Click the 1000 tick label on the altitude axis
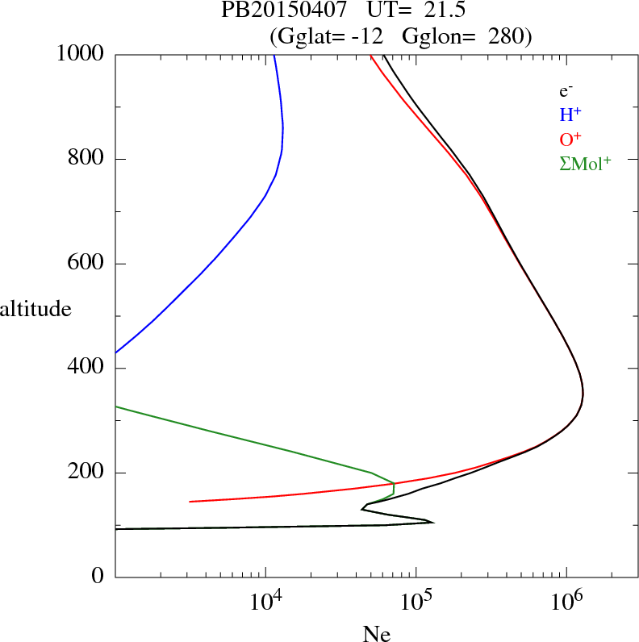pos(81,54)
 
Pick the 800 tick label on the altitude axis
pos(86,159)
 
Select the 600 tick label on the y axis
pos(86,264)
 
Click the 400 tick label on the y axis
pos(86,369)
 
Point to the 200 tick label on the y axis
pos(86,473)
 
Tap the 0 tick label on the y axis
pos(98,577)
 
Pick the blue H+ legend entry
pos(570,115)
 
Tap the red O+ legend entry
pos(570,140)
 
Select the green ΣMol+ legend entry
pos(584,164)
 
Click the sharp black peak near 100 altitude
pos(432,523)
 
